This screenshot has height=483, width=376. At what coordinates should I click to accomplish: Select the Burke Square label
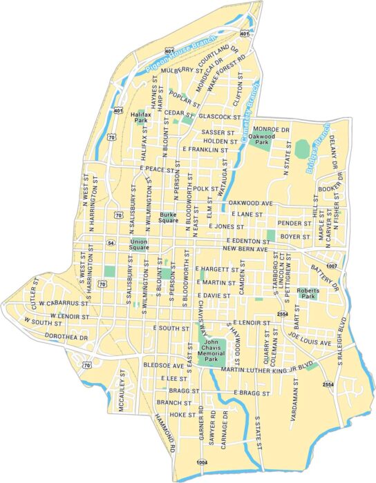169,217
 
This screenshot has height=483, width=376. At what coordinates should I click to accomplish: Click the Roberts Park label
308,293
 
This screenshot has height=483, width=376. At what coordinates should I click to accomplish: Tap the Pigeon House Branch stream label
173,54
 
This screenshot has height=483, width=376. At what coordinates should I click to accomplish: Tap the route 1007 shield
332,266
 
